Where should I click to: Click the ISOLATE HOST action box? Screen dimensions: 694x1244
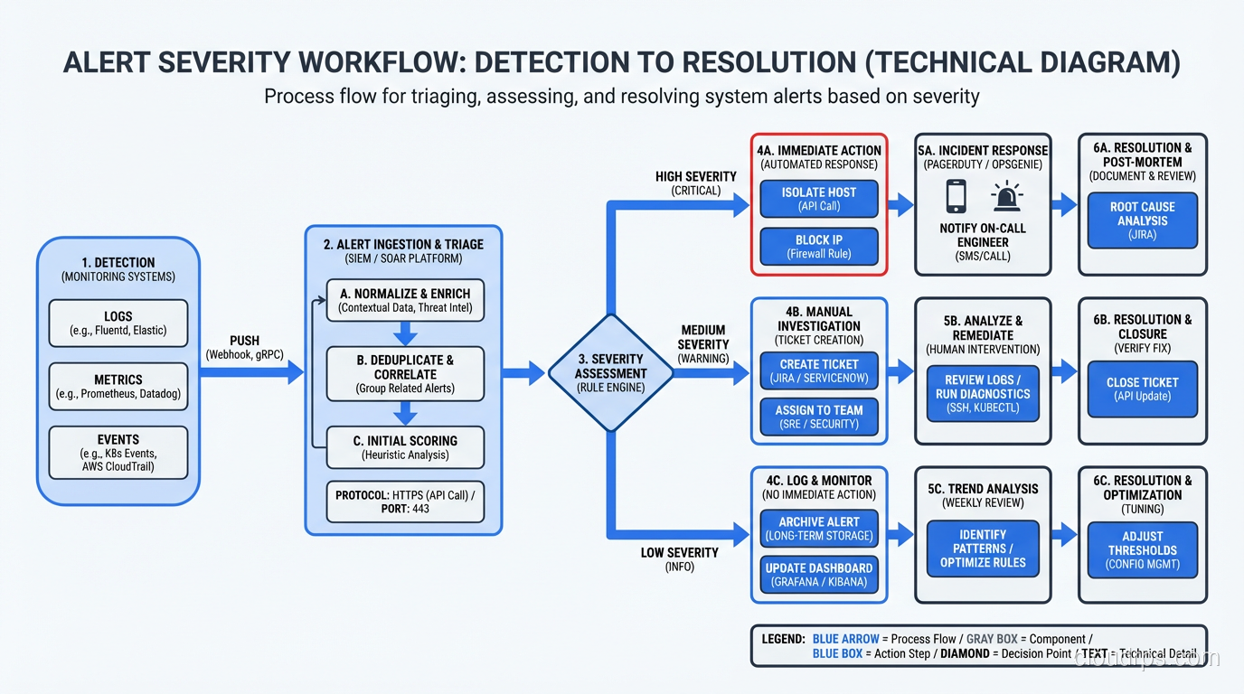[818, 199]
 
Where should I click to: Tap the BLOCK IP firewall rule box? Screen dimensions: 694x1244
[818, 247]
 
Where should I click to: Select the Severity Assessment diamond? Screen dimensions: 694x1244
[612, 372]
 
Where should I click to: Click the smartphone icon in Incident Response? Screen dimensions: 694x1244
[956, 196]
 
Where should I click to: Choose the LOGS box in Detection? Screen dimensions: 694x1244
[118, 323]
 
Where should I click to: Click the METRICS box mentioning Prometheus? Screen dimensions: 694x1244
[118, 387]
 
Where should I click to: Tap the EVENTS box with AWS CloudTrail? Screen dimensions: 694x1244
[118, 453]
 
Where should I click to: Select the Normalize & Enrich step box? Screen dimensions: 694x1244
[405, 301]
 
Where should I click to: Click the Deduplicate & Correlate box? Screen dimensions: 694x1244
[405, 373]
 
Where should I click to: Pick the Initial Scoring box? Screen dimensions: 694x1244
[405, 447]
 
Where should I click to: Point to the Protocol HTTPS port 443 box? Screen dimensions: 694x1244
[405, 502]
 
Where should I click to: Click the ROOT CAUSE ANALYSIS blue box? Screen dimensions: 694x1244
[1142, 220]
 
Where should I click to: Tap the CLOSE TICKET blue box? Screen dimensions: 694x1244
[1142, 389]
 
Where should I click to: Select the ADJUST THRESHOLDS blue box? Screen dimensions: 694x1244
[1142, 549]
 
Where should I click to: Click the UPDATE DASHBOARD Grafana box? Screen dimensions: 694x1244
[818, 575]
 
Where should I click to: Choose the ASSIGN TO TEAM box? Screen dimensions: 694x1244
[818, 417]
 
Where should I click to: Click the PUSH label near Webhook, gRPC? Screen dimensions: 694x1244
[244, 342]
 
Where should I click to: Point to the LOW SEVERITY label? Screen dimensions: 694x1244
[679, 552]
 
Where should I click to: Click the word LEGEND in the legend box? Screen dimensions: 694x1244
[783, 639]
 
